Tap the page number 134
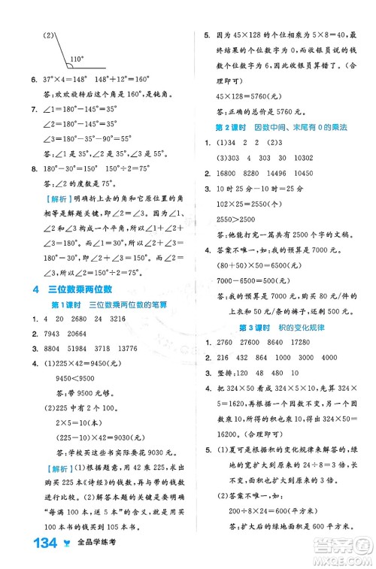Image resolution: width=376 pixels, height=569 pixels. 35,547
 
